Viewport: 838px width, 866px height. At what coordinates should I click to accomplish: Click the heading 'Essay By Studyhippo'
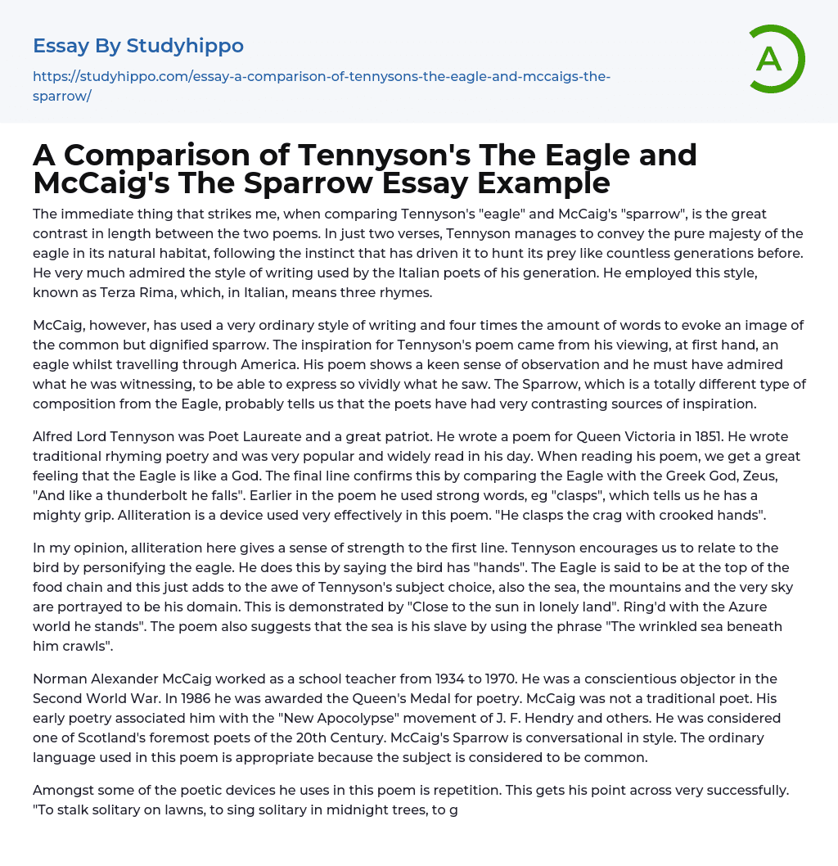point(138,46)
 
